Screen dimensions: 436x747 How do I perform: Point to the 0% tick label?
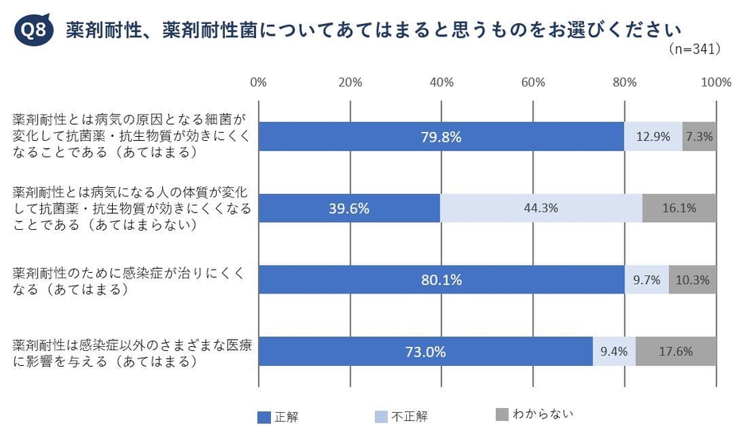[257, 82]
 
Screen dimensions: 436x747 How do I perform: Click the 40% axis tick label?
[442, 82]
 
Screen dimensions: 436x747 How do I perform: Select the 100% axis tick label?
[717, 82]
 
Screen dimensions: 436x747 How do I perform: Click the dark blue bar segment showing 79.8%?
[441, 137]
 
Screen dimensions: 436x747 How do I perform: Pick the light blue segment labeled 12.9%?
[653, 137]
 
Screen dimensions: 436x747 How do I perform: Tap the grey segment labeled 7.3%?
[699, 137]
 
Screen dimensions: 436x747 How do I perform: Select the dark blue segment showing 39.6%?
[349, 208]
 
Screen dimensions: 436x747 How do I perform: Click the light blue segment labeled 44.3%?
[541, 208]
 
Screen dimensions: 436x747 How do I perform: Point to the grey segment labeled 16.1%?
[679, 208]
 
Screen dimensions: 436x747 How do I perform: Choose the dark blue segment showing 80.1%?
[442, 280]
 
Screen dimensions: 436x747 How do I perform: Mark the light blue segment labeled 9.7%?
[647, 280]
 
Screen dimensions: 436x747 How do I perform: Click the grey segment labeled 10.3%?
[692, 280]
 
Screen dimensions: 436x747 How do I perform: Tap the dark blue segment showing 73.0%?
[425, 352]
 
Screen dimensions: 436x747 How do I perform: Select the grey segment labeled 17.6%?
[675, 352]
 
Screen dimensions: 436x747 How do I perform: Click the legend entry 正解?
[279, 415]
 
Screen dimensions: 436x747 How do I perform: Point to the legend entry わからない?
[533, 414]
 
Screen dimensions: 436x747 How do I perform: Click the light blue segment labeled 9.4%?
[614, 352]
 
